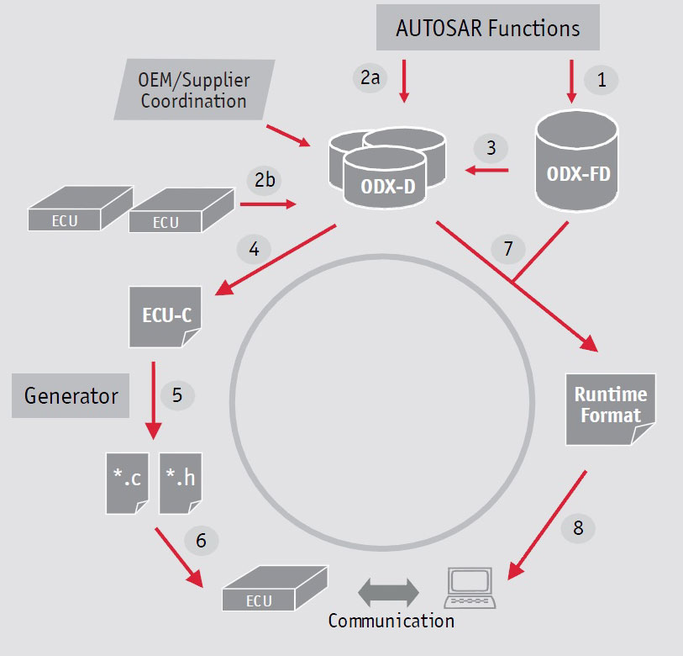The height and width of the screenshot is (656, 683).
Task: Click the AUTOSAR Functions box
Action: [488, 28]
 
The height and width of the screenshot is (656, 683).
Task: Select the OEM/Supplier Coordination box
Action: [194, 89]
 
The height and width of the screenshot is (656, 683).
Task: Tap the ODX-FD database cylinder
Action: [576, 161]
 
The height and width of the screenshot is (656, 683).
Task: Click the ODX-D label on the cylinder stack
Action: [387, 187]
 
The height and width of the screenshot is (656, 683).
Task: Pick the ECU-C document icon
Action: [165, 317]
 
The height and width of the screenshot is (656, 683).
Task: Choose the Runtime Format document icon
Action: [610, 409]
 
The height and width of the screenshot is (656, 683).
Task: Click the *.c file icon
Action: [127, 484]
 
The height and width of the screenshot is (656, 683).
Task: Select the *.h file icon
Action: [181, 484]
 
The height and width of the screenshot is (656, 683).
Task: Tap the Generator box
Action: [71, 395]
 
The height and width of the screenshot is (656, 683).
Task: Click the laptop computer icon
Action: [470, 588]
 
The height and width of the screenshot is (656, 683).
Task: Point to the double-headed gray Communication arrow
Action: [388, 593]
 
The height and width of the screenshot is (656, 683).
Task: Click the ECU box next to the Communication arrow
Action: [275, 588]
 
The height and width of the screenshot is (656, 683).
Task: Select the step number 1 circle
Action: [602, 80]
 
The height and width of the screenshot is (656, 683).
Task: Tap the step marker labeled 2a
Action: [370, 77]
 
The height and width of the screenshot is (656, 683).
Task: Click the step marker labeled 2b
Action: [265, 180]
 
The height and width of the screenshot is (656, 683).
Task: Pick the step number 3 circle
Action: [491, 148]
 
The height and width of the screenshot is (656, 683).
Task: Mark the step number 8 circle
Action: [578, 528]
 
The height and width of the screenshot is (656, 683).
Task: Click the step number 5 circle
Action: [177, 395]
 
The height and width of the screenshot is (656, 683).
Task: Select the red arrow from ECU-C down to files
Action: [154, 400]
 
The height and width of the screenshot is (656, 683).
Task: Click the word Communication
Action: [391, 621]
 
